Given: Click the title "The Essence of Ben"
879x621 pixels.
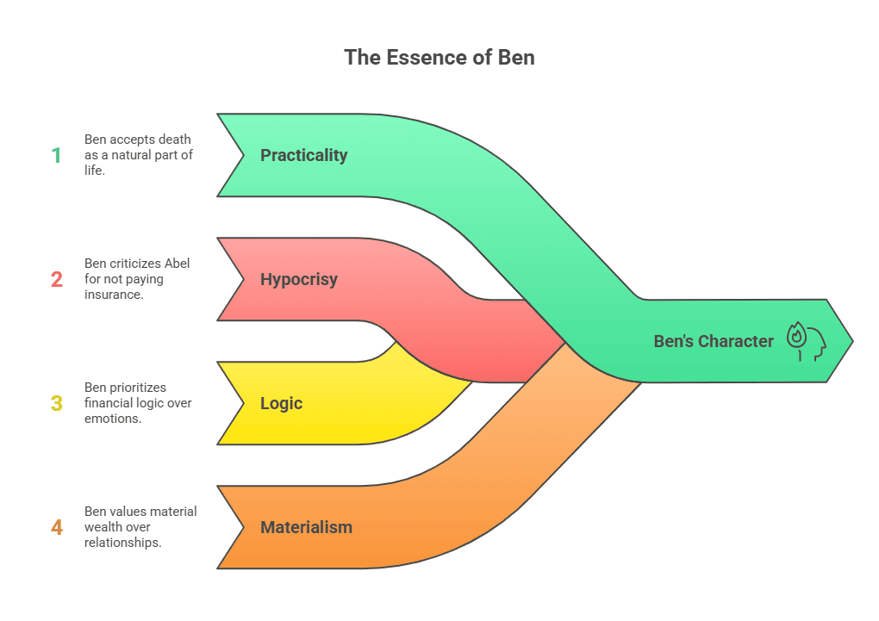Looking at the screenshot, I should [x=439, y=58].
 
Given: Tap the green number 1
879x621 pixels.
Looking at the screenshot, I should [x=57, y=156].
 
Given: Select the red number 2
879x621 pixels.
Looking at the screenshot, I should [x=57, y=280].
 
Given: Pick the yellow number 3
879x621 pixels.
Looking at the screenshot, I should [x=57, y=403].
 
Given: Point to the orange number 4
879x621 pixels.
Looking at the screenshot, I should [x=57, y=527].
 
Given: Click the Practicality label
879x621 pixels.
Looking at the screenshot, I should [x=303, y=156].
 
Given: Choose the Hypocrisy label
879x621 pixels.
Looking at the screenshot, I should [x=298, y=280].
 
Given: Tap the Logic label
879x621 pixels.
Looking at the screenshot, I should [x=281, y=403].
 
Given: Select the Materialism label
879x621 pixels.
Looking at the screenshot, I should [x=306, y=527].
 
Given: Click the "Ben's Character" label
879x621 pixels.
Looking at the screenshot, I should [x=714, y=341].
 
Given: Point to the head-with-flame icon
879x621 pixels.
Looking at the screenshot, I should [x=806, y=341].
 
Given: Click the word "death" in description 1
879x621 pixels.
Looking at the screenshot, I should [x=174, y=140].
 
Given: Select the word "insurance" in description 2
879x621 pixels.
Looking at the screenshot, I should [x=112, y=295].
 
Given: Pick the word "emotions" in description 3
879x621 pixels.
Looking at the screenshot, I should [x=111, y=419].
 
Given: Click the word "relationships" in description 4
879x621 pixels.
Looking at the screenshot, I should [x=122, y=543].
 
